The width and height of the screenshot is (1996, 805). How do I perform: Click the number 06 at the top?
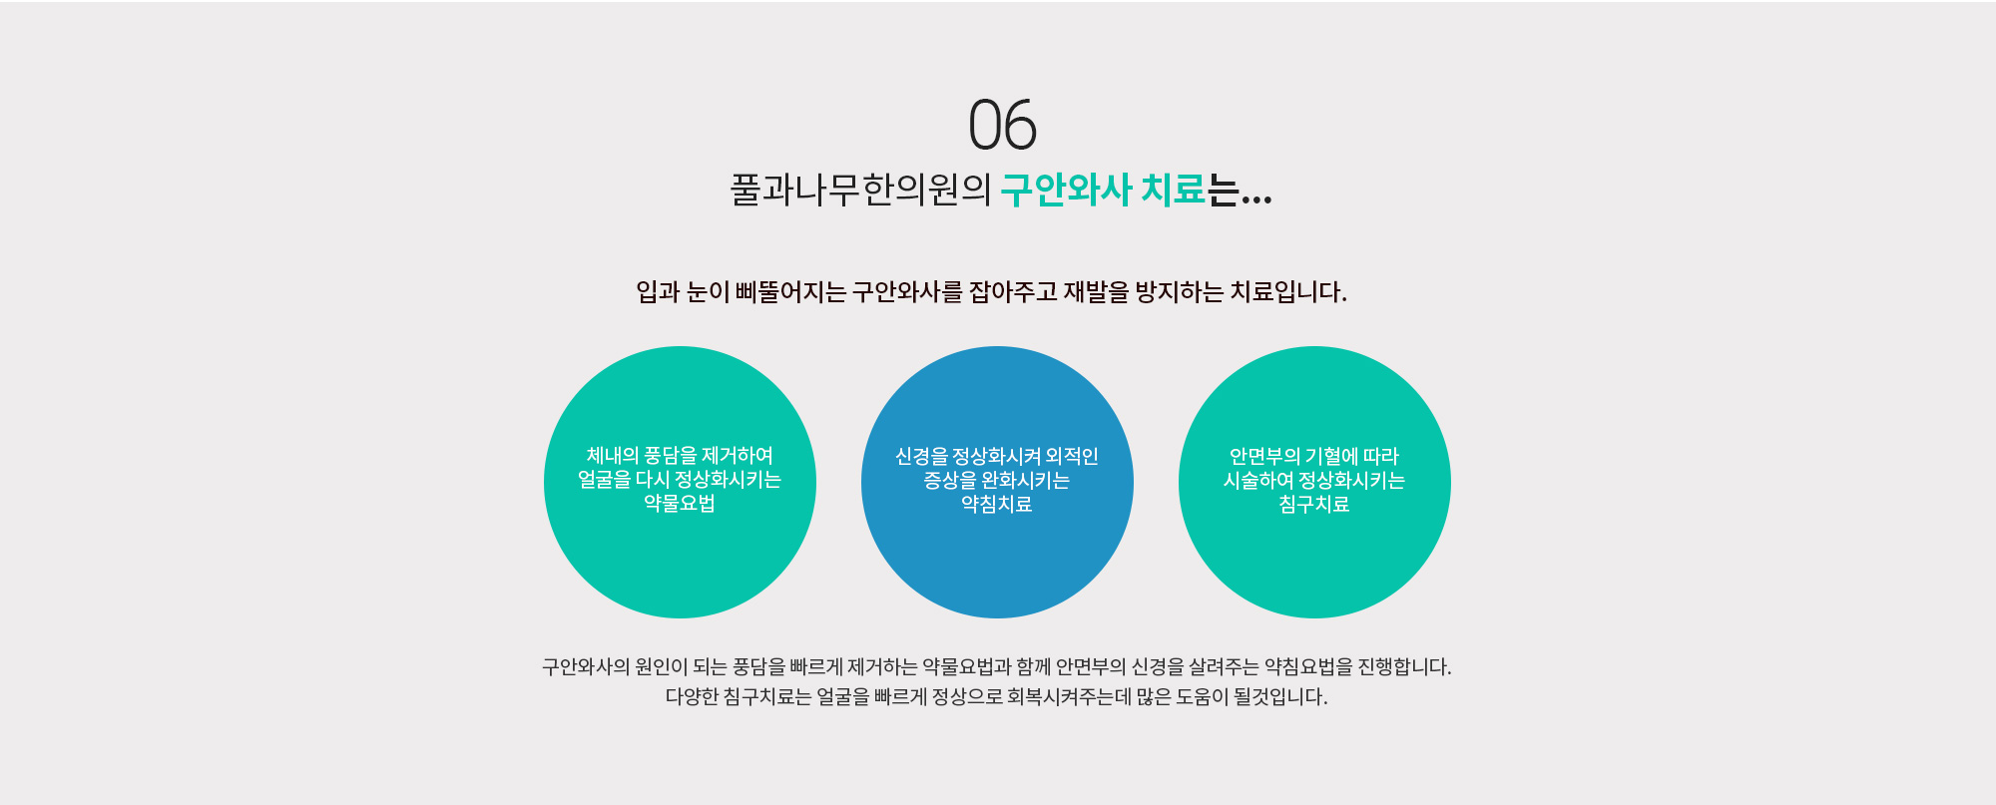click(1003, 126)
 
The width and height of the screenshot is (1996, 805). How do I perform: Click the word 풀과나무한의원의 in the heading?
click(860, 190)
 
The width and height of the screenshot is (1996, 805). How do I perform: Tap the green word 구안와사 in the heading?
click(1066, 190)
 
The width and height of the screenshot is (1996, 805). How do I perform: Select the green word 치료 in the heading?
click(1174, 190)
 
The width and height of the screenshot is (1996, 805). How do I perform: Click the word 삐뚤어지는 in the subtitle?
click(790, 292)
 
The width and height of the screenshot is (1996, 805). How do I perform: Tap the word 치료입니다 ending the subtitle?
click(1285, 292)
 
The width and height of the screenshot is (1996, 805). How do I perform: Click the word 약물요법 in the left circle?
click(680, 504)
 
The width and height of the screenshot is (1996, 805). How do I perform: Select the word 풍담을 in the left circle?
click(671, 456)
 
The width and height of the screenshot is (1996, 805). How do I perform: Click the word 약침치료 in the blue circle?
click(997, 505)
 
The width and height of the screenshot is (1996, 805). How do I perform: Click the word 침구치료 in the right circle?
click(1314, 505)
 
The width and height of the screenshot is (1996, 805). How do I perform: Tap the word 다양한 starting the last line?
click(692, 696)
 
